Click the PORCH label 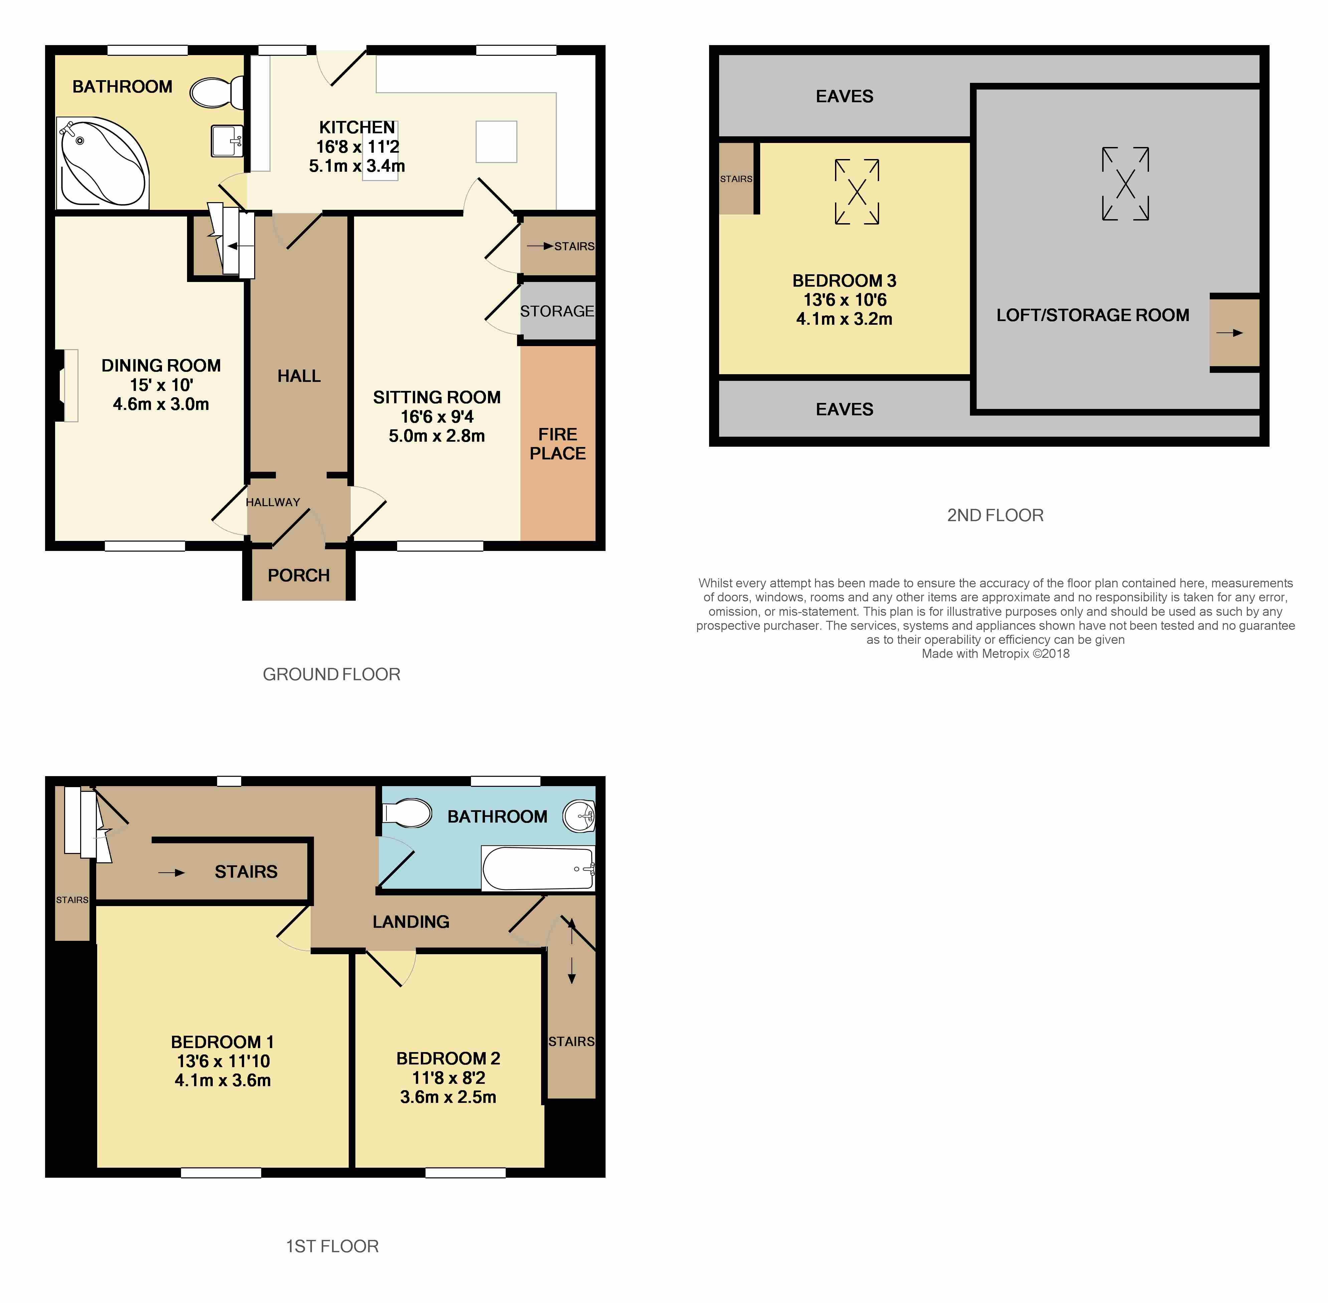click(x=298, y=575)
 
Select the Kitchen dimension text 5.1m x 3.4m click(x=356, y=166)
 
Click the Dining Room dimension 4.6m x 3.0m click(x=161, y=404)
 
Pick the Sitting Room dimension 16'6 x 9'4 click(x=437, y=416)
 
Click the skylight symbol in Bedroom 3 click(x=857, y=192)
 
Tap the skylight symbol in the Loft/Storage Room click(x=1126, y=183)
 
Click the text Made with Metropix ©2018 click(x=995, y=654)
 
